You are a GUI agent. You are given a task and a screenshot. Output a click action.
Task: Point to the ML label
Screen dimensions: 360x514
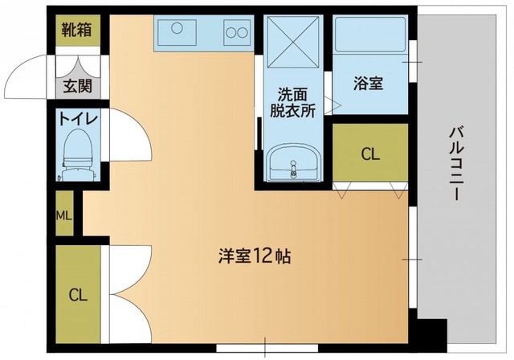click(64, 215)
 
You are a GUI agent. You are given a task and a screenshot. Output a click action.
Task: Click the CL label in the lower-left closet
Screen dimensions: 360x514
click(77, 293)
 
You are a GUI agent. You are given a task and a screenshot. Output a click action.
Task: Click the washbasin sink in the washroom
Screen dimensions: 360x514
click(292, 167)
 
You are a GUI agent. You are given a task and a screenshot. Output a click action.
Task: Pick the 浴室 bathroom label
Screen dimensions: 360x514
click(370, 83)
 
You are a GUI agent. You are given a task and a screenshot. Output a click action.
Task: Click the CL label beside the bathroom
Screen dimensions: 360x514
click(370, 153)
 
